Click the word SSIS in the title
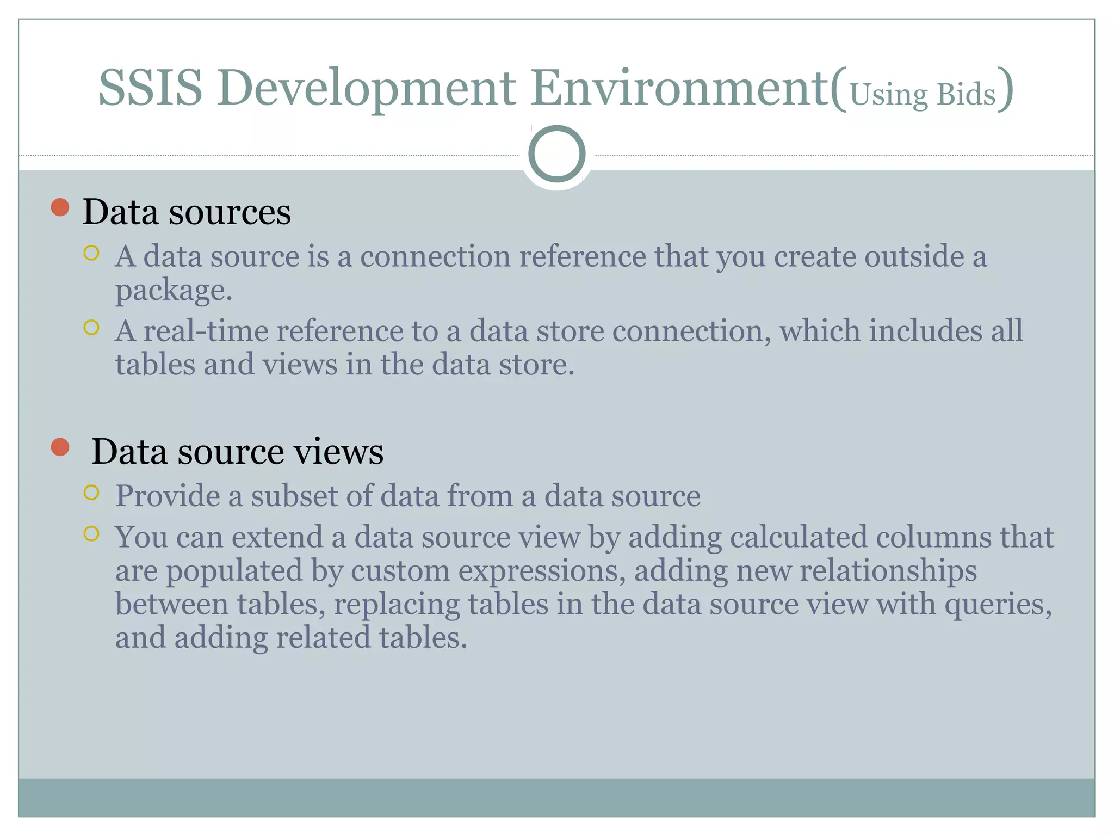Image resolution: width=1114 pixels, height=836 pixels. (150, 88)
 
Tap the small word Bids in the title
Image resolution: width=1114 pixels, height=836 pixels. (966, 95)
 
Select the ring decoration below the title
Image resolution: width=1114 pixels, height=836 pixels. (556, 154)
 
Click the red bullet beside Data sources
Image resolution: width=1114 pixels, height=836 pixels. (60, 207)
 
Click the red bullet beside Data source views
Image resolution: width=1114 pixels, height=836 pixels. (60, 447)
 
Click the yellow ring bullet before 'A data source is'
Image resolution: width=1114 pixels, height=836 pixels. (91, 253)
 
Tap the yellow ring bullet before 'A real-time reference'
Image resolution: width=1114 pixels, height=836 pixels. (91, 328)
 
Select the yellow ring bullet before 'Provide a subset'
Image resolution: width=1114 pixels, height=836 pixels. (91, 493)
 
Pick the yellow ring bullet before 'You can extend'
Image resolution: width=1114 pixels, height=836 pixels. (91, 534)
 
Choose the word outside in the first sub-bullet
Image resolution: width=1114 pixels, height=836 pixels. (914, 256)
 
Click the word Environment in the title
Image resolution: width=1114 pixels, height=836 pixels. (680, 88)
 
